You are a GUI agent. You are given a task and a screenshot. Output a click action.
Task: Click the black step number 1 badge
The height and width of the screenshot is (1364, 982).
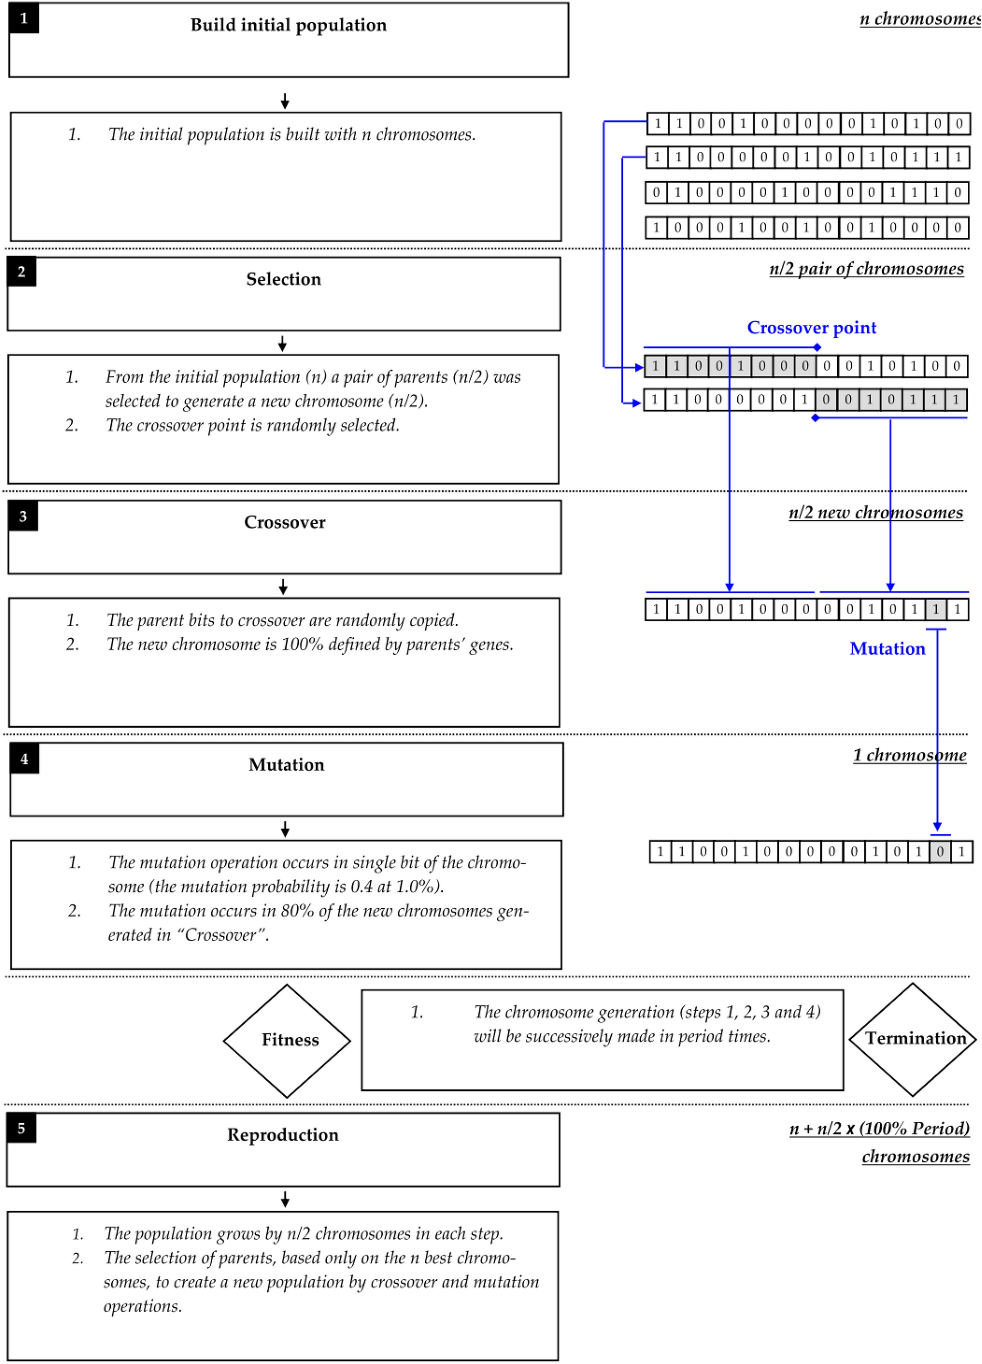tap(24, 18)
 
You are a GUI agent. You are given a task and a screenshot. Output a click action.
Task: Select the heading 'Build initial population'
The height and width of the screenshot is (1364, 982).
tap(288, 25)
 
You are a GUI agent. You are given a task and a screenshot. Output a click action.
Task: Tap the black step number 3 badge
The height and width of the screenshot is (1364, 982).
tap(23, 516)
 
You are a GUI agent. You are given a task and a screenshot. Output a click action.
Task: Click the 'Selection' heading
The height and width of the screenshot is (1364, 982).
tap(284, 279)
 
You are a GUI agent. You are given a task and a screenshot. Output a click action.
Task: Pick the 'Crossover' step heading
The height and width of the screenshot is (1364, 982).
tap(284, 522)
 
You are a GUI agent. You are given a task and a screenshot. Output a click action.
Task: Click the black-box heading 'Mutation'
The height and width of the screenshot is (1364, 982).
tap(286, 764)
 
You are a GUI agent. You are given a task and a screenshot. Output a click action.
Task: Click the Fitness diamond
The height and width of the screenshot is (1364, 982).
tap(287, 1040)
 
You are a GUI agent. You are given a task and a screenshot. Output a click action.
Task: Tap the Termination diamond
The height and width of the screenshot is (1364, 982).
tap(913, 1038)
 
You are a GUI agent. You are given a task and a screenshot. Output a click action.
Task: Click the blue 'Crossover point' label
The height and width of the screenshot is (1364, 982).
tap(811, 328)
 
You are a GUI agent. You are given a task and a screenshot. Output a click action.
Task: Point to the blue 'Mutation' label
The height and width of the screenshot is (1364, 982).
tap(887, 648)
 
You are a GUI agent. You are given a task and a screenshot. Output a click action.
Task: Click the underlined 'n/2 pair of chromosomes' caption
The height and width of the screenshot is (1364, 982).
tap(866, 268)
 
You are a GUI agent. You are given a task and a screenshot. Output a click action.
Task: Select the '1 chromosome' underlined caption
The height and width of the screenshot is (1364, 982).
tap(909, 755)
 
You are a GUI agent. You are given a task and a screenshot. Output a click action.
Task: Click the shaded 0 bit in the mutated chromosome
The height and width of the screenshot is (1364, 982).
tap(940, 851)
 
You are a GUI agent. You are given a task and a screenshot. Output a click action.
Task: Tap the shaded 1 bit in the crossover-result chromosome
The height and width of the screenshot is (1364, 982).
tap(935, 609)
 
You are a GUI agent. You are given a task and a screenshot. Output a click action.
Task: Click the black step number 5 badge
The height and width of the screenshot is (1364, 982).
tap(22, 1128)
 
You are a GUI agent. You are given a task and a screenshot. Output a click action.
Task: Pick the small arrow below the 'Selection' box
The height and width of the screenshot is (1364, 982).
tap(282, 344)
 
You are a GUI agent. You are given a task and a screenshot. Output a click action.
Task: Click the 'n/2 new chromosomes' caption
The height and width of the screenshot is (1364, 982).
tap(875, 512)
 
